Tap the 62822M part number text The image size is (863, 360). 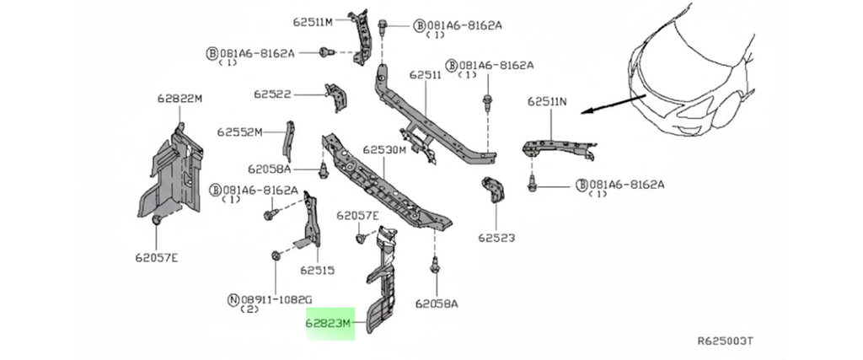pos(180,99)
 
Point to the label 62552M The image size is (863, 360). pos(239,132)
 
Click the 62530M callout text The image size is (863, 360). pos(384,150)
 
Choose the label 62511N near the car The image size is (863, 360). pos(547,101)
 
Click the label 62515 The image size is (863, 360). pos(317,271)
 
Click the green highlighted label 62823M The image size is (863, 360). pos(330,322)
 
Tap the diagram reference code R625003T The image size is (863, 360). pos(724,341)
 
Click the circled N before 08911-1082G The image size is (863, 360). pos(233,298)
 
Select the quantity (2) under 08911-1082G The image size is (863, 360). pos(249,309)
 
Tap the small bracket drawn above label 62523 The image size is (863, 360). pos(492,192)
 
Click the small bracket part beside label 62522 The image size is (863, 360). pos(336,96)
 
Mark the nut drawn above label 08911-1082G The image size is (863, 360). pos(276,255)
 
